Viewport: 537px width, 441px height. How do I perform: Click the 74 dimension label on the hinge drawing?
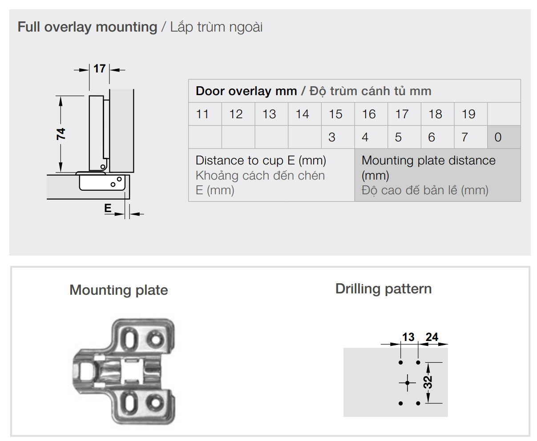pyautogui.click(x=61, y=134)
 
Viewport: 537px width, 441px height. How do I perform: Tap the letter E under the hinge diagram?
pyautogui.click(x=108, y=208)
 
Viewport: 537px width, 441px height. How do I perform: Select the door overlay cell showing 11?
pyautogui.click(x=205, y=114)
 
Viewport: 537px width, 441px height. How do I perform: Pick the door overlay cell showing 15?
pyautogui.click(x=338, y=114)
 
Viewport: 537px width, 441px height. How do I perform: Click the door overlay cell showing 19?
pyautogui.click(x=471, y=114)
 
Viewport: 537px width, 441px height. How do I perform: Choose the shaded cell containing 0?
pyautogui.click(x=504, y=137)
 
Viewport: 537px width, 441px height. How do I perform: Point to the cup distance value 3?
pyautogui.click(x=332, y=137)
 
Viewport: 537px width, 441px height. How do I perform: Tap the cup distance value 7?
pyautogui.click(x=464, y=137)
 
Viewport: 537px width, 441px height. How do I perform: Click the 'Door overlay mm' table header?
pyautogui.click(x=246, y=91)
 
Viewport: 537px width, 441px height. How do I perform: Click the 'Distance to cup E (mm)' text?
pyautogui.click(x=261, y=160)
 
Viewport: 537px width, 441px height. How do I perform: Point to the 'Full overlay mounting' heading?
pyautogui.click(x=87, y=27)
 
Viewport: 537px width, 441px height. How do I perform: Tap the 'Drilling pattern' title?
pyautogui.click(x=384, y=289)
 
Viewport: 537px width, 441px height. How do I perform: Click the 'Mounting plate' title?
pyautogui.click(x=119, y=290)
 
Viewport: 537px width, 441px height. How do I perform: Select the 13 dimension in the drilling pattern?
pyautogui.click(x=408, y=337)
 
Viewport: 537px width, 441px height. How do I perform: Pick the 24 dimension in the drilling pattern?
pyautogui.click(x=432, y=337)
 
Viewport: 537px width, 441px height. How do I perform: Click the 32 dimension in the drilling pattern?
pyautogui.click(x=428, y=382)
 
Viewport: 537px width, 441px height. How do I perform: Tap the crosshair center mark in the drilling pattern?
pyautogui.click(x=408, y=382)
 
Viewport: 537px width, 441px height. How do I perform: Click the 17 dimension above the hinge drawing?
pyautogui.click(x=99, y=68)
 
